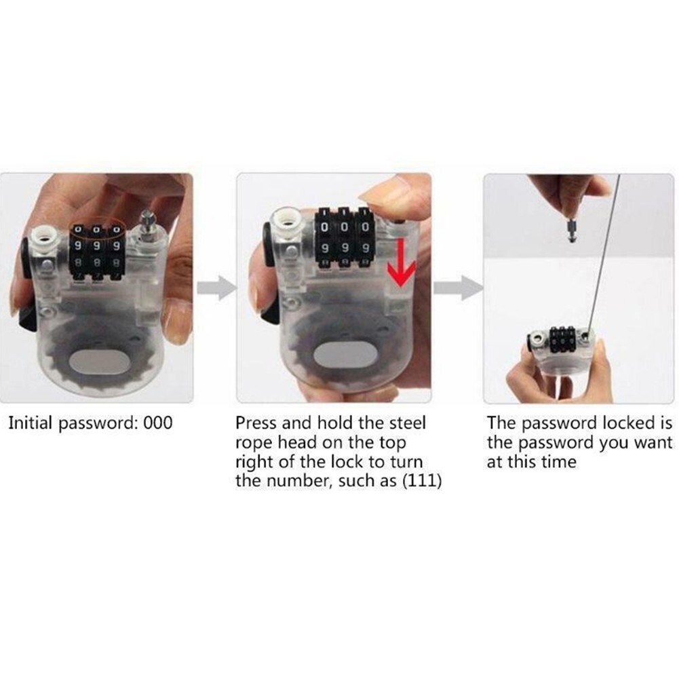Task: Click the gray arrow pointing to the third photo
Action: click(457, 288)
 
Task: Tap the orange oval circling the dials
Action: click(98, 225)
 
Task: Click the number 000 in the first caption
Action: click(158, 424)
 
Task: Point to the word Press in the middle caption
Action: click(256, 424)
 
